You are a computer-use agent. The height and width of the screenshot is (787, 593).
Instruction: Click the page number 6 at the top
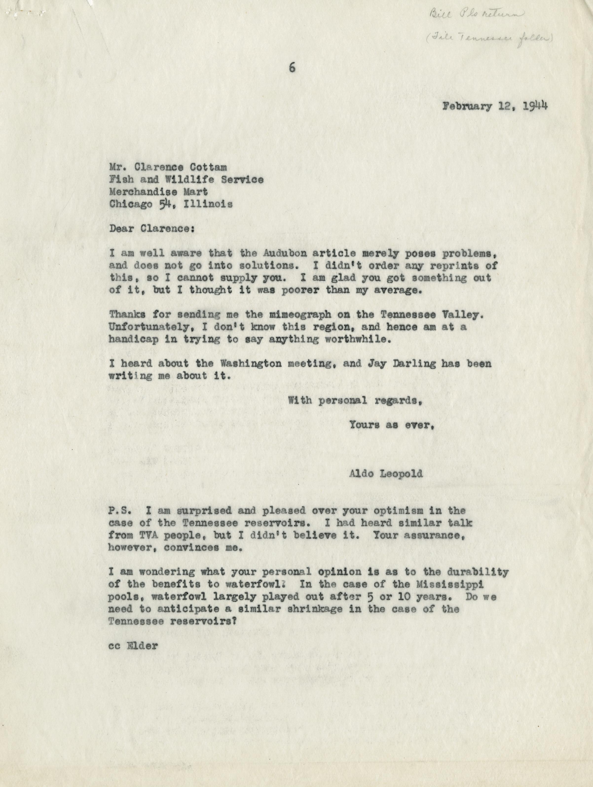click(292, 68)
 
